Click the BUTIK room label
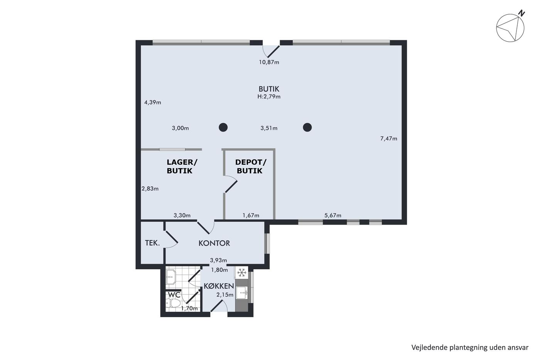pos(269,89)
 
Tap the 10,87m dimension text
pos(269,62)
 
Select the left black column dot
pos(223,127)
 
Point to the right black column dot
pos(307,127)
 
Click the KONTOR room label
pos(214,243)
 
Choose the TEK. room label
pos(152,243)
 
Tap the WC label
pos(174,295)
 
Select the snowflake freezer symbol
pos(241,272)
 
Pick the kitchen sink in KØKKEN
pos(242,293)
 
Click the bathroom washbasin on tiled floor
pos(171,277)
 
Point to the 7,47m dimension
pos(389,139)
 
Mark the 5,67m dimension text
pos(332,216)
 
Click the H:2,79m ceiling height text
pos(269,97)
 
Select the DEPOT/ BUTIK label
pos(250,166)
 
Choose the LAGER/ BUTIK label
pos(182,166)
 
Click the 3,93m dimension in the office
pos(218,260)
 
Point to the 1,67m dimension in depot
pos(251,216)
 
